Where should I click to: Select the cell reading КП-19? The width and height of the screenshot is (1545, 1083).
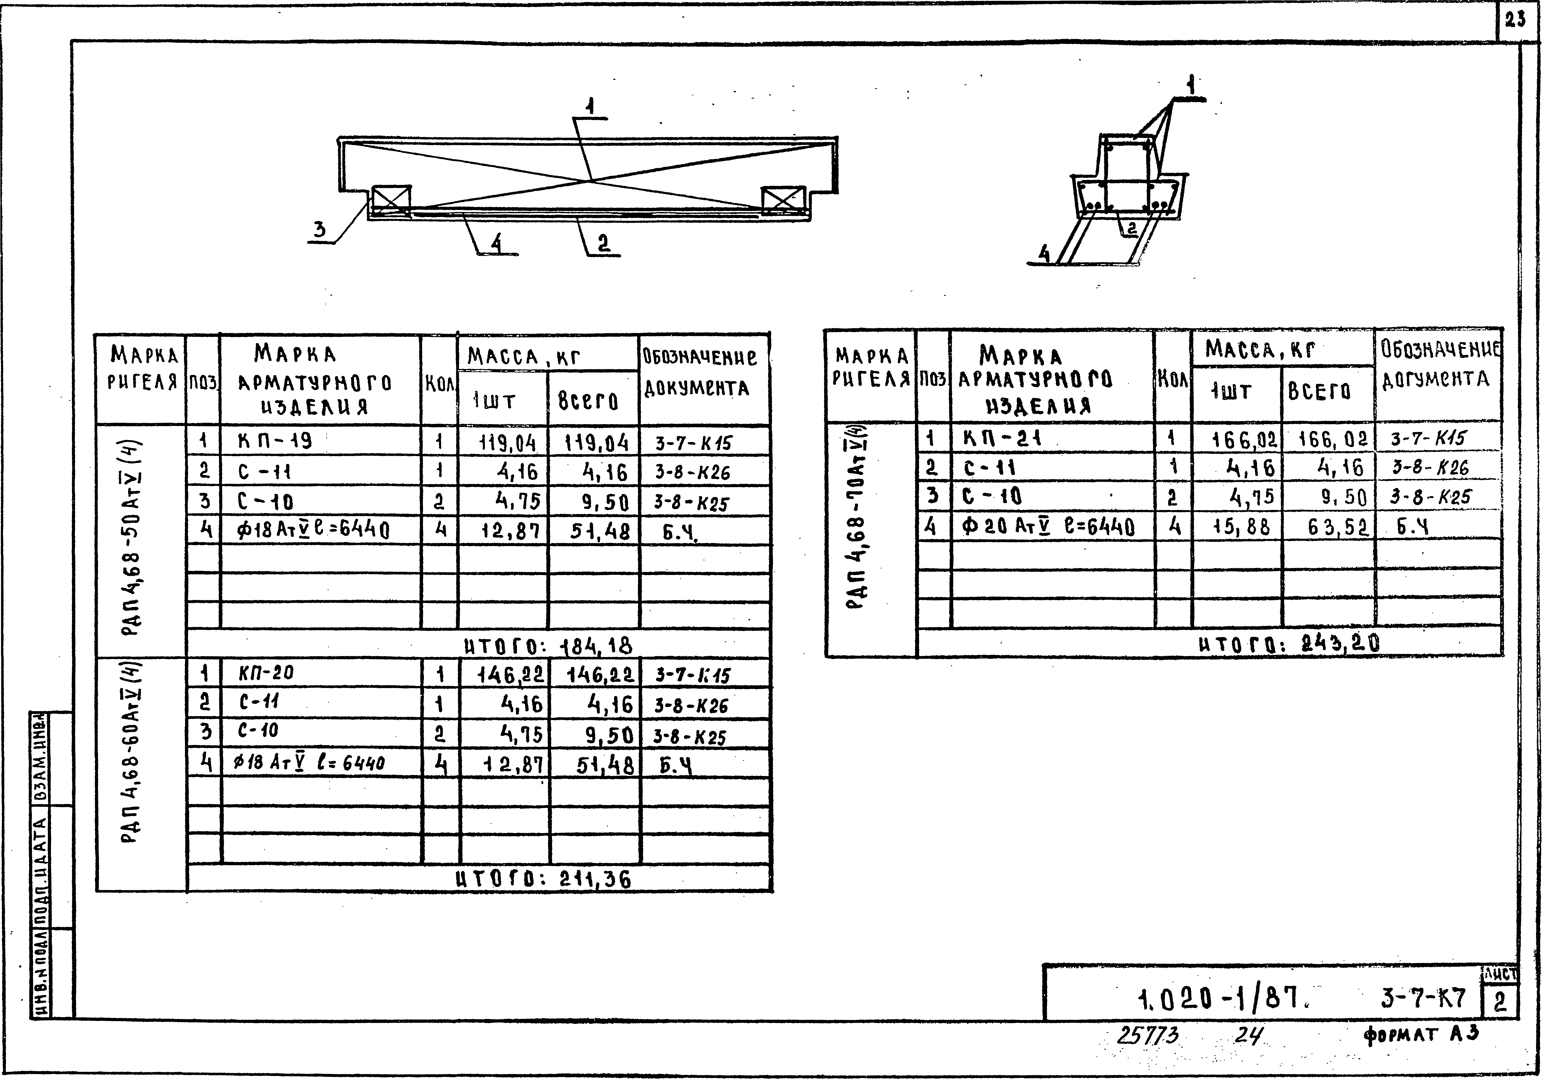275,441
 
